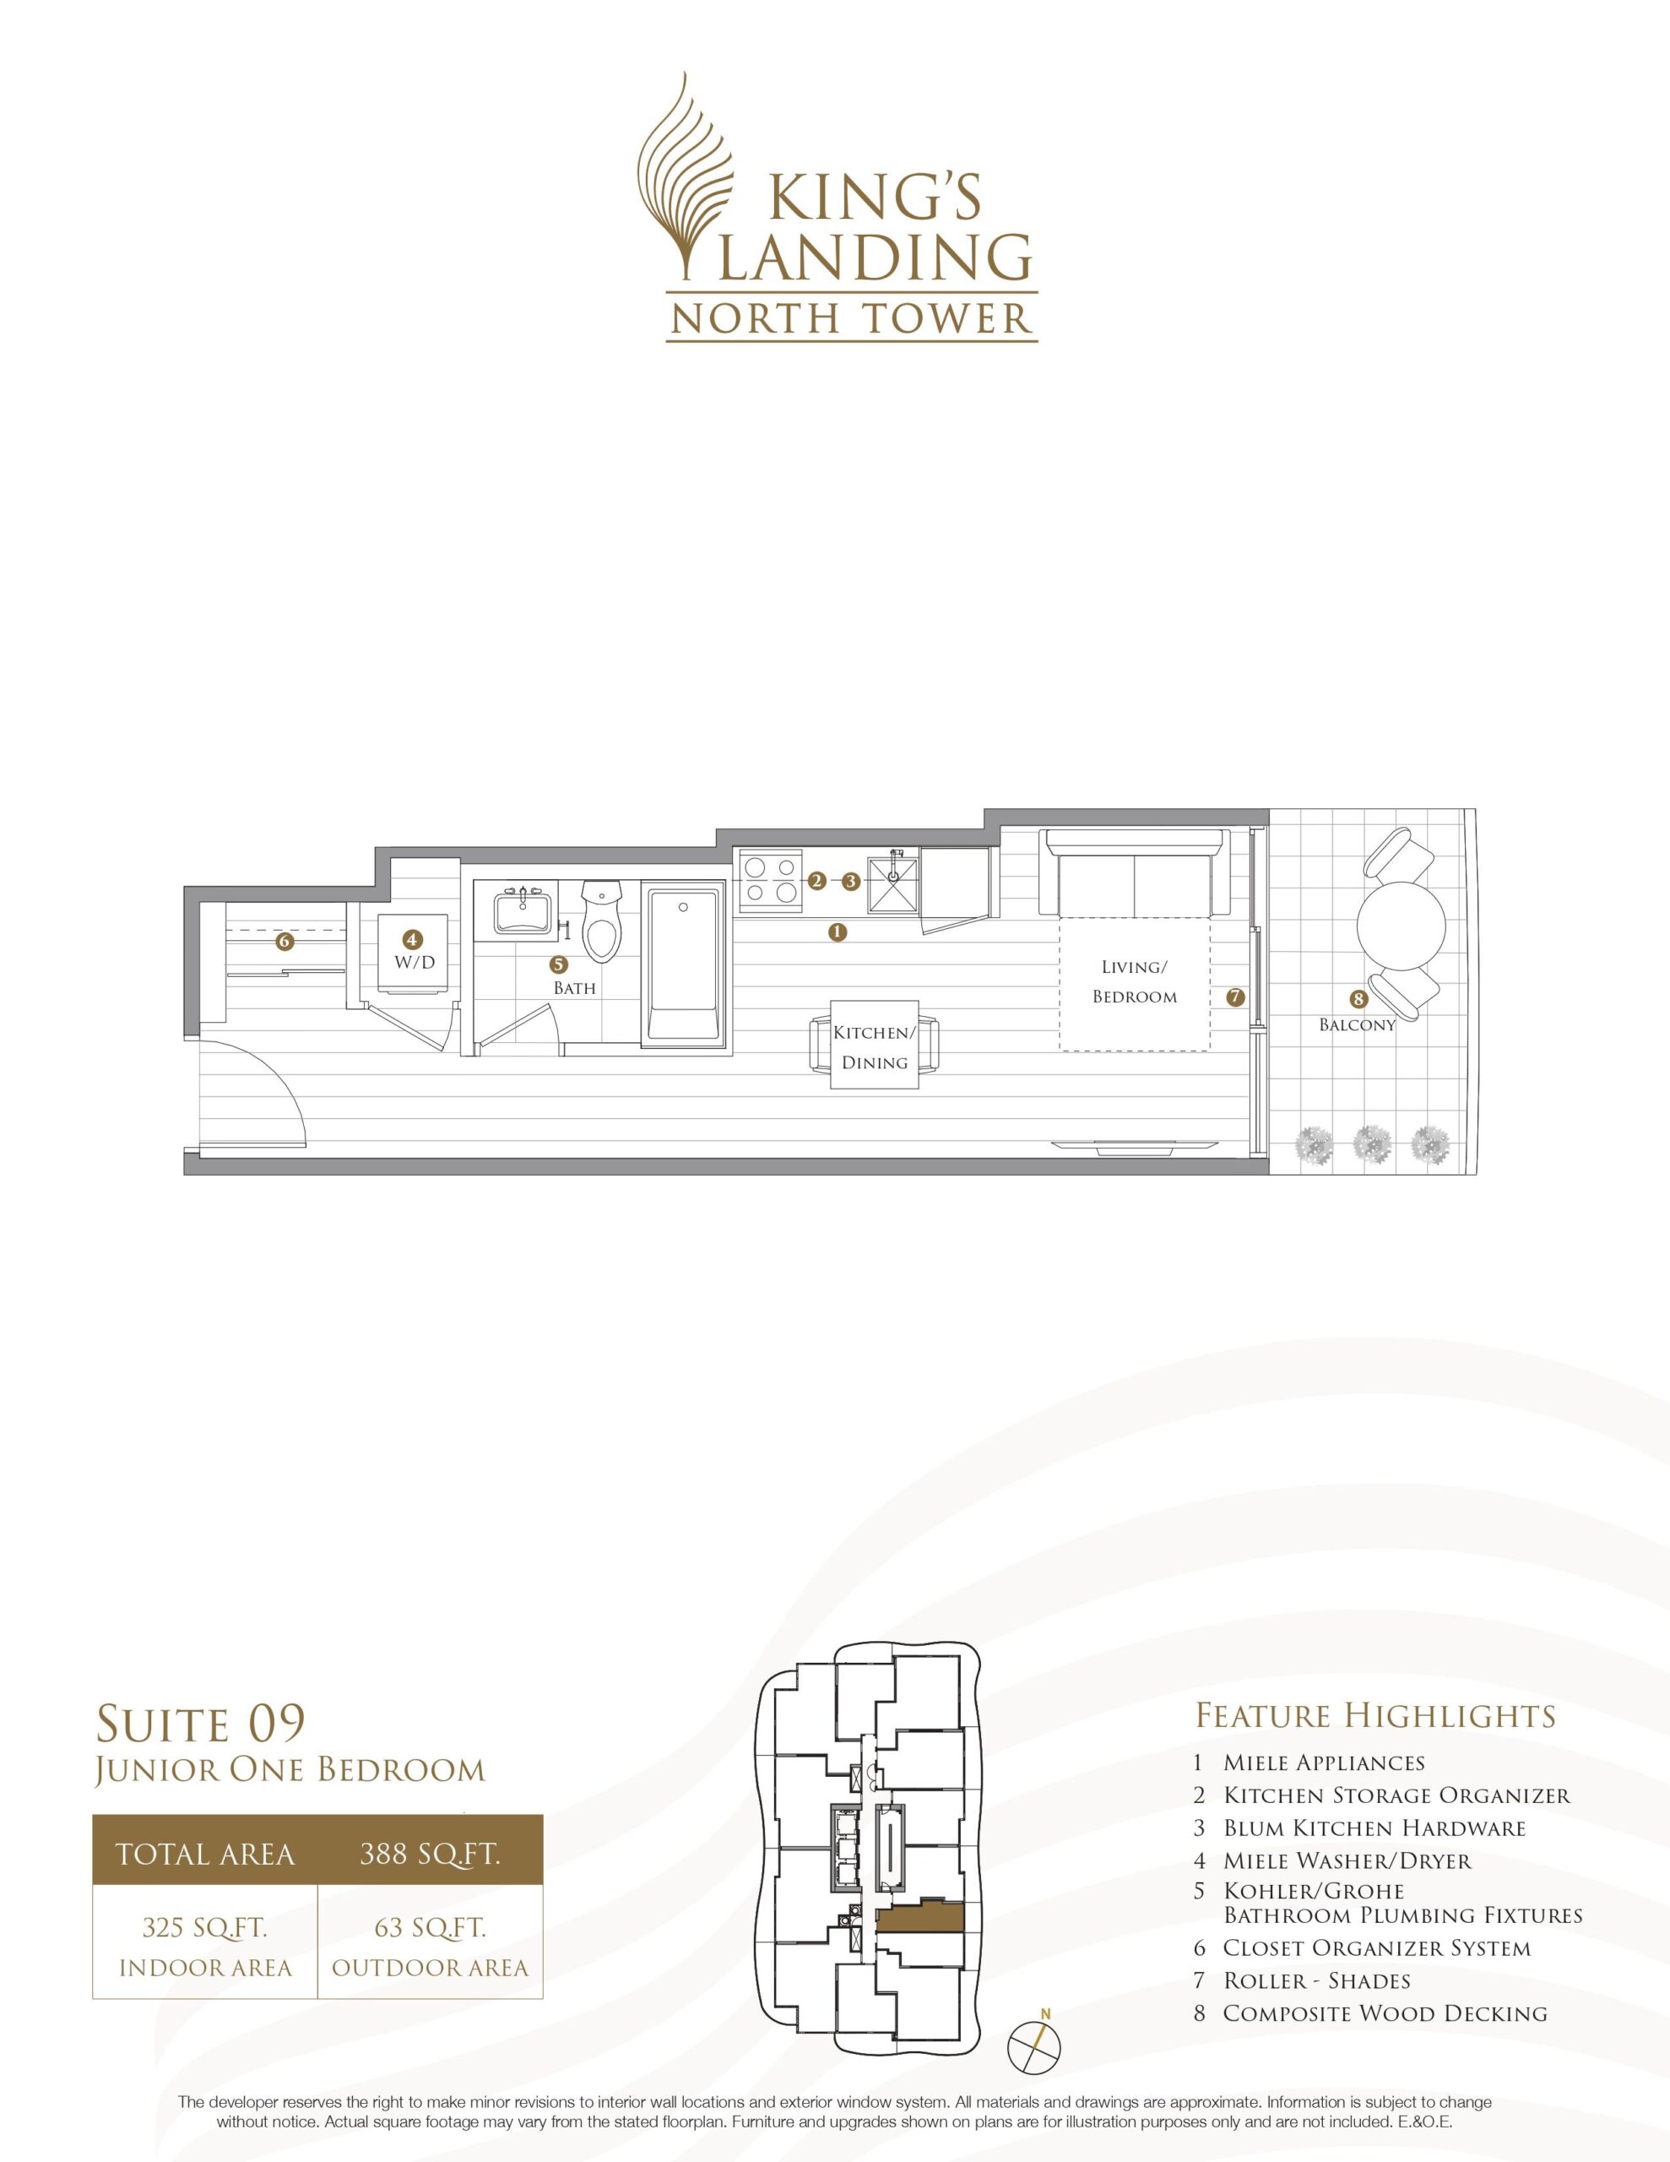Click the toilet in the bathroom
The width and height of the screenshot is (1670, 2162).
point(601,921)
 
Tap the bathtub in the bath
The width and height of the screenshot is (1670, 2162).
point(683,964)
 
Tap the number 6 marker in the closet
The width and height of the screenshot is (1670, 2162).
point(285,942)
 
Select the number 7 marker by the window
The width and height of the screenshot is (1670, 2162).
point(1234,998)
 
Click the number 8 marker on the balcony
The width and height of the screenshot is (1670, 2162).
point(1358,1000)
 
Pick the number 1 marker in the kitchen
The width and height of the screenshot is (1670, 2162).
point(838,932)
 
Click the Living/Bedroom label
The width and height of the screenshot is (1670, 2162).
point(1135,981)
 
